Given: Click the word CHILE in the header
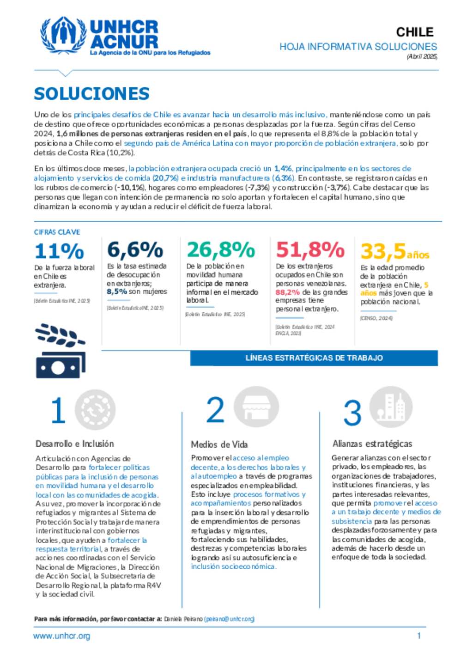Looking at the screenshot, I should click(414, 32).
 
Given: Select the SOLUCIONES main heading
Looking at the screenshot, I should click(91, 94).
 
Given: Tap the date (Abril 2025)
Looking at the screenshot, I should click(422, 56).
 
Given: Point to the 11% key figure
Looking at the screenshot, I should click(59, 252).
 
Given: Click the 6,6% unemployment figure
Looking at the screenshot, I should click(135, 250).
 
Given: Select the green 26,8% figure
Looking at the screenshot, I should click(220, 250).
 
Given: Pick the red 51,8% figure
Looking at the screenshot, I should click(310, 250).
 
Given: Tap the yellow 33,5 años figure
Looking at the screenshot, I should click(394, 252).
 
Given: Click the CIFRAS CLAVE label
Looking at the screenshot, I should click(57, 232).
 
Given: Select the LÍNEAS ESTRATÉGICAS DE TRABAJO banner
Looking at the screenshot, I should click(314, 358).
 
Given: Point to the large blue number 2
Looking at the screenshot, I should click(215, 410).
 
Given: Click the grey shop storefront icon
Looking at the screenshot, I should click(256, 407).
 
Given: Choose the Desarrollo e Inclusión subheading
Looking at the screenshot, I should click(74, 444).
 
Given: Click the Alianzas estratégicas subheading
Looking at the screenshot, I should click(372, 444).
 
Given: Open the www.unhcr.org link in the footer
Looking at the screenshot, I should click(61, 636).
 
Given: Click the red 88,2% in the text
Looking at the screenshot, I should click(287, 292).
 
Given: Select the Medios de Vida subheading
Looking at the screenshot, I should click(219, 445).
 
